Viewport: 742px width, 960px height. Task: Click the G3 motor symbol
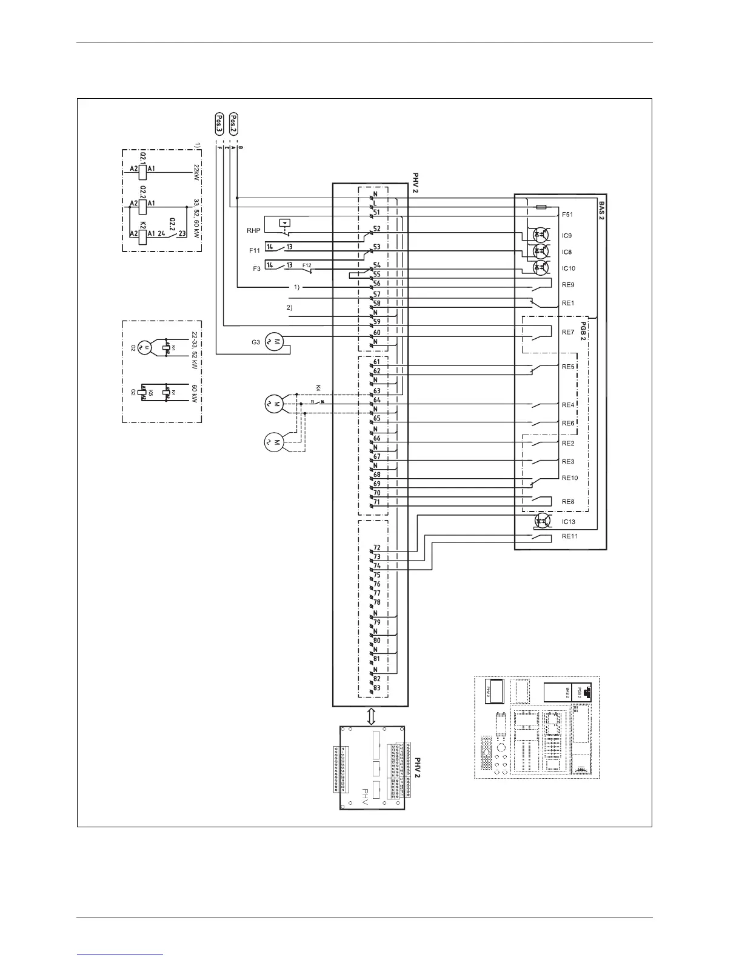[x=275, y=341]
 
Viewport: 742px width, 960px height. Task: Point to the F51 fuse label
[x=567, y=215]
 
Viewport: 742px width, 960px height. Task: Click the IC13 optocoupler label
[x=569, y=522]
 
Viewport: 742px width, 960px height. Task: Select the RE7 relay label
[x=568, y=332]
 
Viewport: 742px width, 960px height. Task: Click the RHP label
[x=253, y=230]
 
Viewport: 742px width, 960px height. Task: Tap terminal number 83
[x=377, y=688]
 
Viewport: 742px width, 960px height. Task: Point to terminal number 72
[x=377, y=547]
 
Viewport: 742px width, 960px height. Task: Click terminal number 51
[x=376, y=212]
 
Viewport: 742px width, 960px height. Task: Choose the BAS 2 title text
[x=601, y=211]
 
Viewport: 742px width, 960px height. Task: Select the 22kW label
[x=196, y=172]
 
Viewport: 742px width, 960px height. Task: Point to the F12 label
[x=307, y=264]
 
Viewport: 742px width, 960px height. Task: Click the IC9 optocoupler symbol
[x=539, y=235]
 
